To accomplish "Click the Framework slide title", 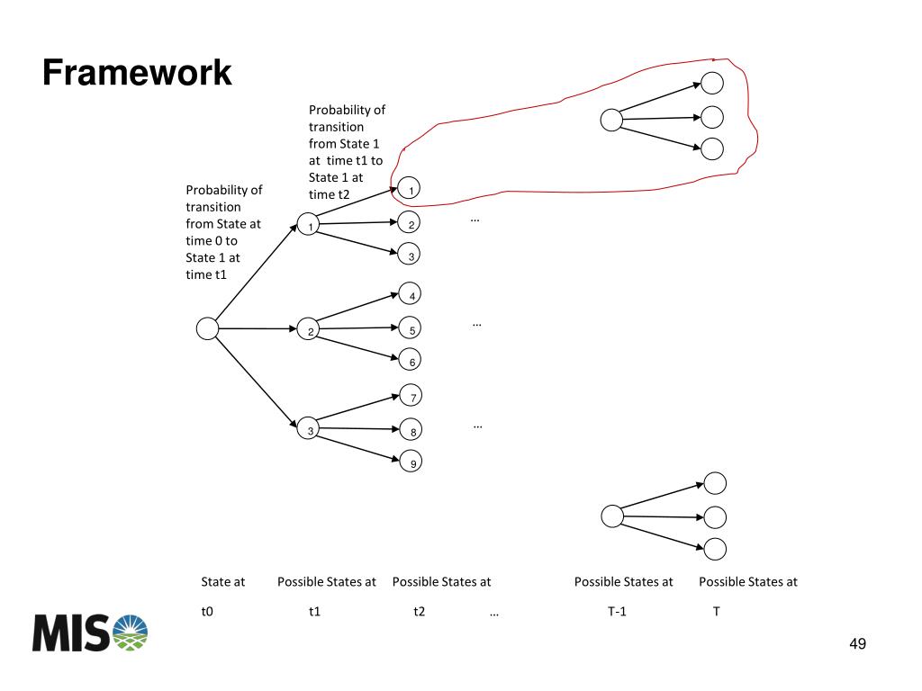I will [x=137, y=73].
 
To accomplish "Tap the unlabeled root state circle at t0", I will [x=207, y=329].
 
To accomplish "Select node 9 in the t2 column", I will [x=410, y=462].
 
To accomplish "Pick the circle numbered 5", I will [x=410, y=329].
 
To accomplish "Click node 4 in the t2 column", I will [x=410, y=294].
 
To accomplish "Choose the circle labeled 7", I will [x=410, y=396].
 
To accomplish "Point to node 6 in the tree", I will [x=410, y=362].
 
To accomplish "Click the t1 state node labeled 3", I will [x=308, y=429].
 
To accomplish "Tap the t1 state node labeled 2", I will [x=308, y=330].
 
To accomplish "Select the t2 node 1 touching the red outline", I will [x=409, y=189].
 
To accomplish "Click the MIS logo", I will [x=90, y=632].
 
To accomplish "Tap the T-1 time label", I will [x=616, y=613].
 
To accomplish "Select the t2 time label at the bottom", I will [x=419, y=613].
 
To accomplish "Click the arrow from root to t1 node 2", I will [x=258, y=329].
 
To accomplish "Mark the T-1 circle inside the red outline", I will [x=611, y=120].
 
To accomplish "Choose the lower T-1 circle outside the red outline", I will [x=611, y=516].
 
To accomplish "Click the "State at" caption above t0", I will [x=222, y=582].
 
